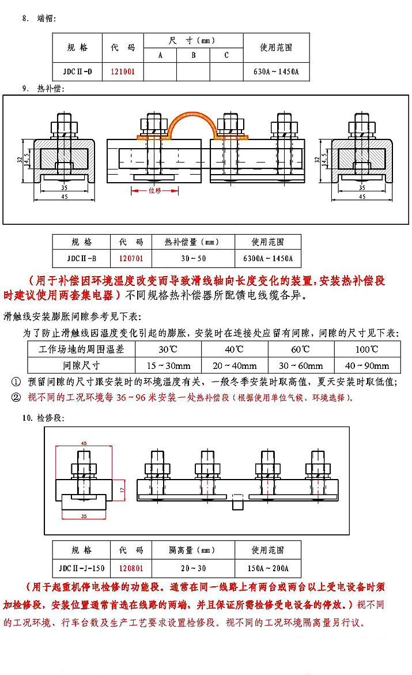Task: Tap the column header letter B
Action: point(193,55)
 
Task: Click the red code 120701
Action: point(131,258)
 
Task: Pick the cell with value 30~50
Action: point(192,258)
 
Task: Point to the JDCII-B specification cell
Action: point(81,258)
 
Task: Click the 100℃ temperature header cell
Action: point(366,349)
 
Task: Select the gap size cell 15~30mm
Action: point(168,365)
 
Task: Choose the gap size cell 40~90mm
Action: point(366,365)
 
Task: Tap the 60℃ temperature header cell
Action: point(300,349)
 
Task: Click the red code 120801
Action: point(131,568)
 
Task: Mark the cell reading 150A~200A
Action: point(267,568)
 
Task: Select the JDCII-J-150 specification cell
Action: point(81,568)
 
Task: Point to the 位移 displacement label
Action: point(155,190)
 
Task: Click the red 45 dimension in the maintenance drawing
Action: point(84,443)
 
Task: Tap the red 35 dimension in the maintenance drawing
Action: point(84,515)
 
